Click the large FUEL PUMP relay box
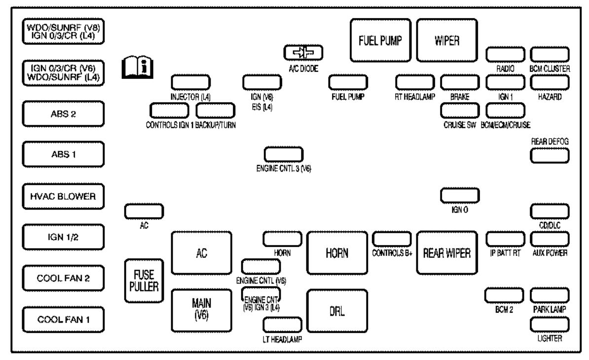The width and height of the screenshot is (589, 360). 380,40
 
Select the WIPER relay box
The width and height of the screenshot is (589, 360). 447,40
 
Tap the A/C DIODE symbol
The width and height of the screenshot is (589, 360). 303,53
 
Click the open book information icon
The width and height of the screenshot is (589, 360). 138,68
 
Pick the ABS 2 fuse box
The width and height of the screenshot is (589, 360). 63,114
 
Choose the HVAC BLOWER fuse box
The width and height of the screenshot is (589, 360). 63,196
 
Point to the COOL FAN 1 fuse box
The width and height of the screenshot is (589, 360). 63,320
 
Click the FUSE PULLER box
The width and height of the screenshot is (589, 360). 144,281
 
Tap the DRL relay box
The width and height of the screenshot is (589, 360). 337,311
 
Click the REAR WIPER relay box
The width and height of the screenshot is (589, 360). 447,252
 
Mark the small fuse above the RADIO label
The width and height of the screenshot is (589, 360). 505,54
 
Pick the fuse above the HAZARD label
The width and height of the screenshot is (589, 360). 550,82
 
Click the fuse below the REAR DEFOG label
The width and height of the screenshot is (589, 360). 550,156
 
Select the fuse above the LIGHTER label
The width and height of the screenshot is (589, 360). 550,324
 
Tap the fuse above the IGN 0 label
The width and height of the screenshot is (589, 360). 460,196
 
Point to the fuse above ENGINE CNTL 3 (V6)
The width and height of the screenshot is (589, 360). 284,154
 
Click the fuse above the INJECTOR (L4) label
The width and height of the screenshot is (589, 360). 190,82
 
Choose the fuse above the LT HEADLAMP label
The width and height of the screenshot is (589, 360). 282,324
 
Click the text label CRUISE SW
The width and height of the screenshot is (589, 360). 460,125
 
